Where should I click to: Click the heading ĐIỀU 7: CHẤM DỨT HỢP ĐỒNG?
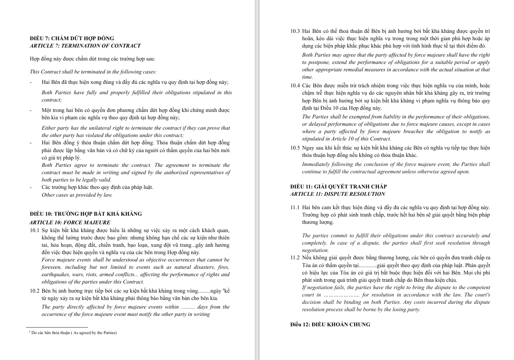72,38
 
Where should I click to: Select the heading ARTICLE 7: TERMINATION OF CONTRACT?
85,46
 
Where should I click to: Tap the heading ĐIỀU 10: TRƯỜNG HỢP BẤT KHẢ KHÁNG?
86,214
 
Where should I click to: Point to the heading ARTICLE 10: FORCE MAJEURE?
70,223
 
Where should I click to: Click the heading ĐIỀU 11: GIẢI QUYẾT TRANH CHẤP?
338,187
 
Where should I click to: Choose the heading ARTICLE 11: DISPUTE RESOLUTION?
338,194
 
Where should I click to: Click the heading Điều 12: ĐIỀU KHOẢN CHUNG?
330,325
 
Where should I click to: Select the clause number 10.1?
35,230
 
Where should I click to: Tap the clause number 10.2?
35,291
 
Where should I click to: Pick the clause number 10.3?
295,31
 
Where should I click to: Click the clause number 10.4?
295,86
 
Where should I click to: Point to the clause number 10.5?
295,148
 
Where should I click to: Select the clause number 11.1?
295,207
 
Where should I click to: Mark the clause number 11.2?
295,258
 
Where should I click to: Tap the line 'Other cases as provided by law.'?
77,195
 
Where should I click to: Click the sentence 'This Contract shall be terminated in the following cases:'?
93,72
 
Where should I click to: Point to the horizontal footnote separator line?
57,327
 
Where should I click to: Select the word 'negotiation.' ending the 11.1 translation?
315,250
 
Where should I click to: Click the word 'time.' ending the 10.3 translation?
308,77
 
